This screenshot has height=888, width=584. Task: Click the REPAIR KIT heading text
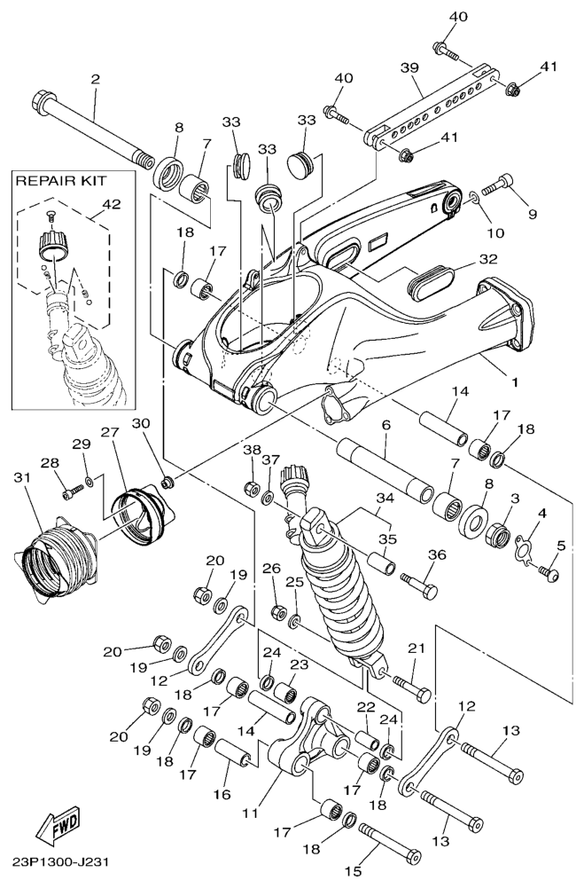(x=61, y=182)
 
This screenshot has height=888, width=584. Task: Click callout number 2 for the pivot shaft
(x=95, y=79)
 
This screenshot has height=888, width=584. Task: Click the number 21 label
(x=417, y=649)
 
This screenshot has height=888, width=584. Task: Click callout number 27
(x=108, y=433)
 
